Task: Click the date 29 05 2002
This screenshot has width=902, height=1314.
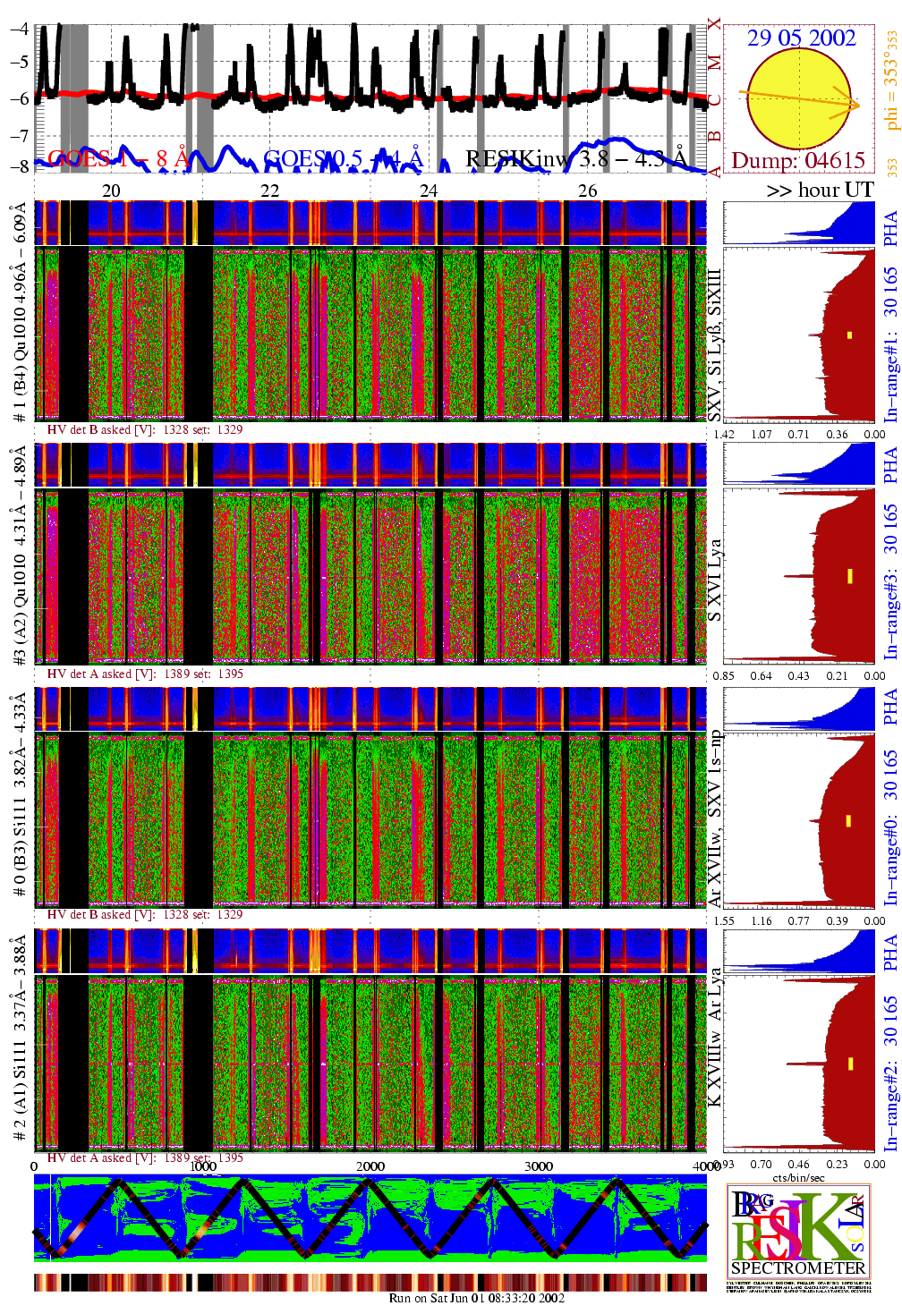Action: click(x=801, y=38)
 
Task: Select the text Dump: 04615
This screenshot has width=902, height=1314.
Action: click(x=798, y=161)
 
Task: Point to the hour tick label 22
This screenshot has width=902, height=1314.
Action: click(x=269, y=191)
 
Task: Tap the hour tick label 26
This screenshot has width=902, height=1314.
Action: click(x=587, y=191)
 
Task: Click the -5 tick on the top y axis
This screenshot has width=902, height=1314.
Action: click(x=20, y=63)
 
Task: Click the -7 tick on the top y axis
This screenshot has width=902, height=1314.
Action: click(x=20, y=136)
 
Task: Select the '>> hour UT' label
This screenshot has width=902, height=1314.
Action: click(x=819, y=190)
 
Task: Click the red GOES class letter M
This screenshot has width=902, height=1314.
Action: click(x=714, y=63)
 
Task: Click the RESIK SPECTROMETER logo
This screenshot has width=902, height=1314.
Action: click(x=798, y=1233)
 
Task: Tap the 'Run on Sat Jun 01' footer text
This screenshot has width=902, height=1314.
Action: click(x=477, y=1298)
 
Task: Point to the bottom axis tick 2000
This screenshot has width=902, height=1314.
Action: click(x=370, y=1166)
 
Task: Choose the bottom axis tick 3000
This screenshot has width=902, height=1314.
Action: click(x=538, y=1166)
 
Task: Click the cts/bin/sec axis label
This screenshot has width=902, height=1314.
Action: click(x=798, y=1177)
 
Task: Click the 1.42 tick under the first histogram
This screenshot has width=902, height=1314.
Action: click(x=723, y=435)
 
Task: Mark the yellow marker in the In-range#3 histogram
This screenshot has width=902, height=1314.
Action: click(x=849, y=575)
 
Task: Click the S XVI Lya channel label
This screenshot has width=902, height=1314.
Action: click(x=714, y=581)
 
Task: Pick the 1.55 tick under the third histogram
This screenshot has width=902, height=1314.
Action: click(x=723, y=920)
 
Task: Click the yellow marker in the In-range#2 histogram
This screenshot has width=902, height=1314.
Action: click(x=850, y=1038)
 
